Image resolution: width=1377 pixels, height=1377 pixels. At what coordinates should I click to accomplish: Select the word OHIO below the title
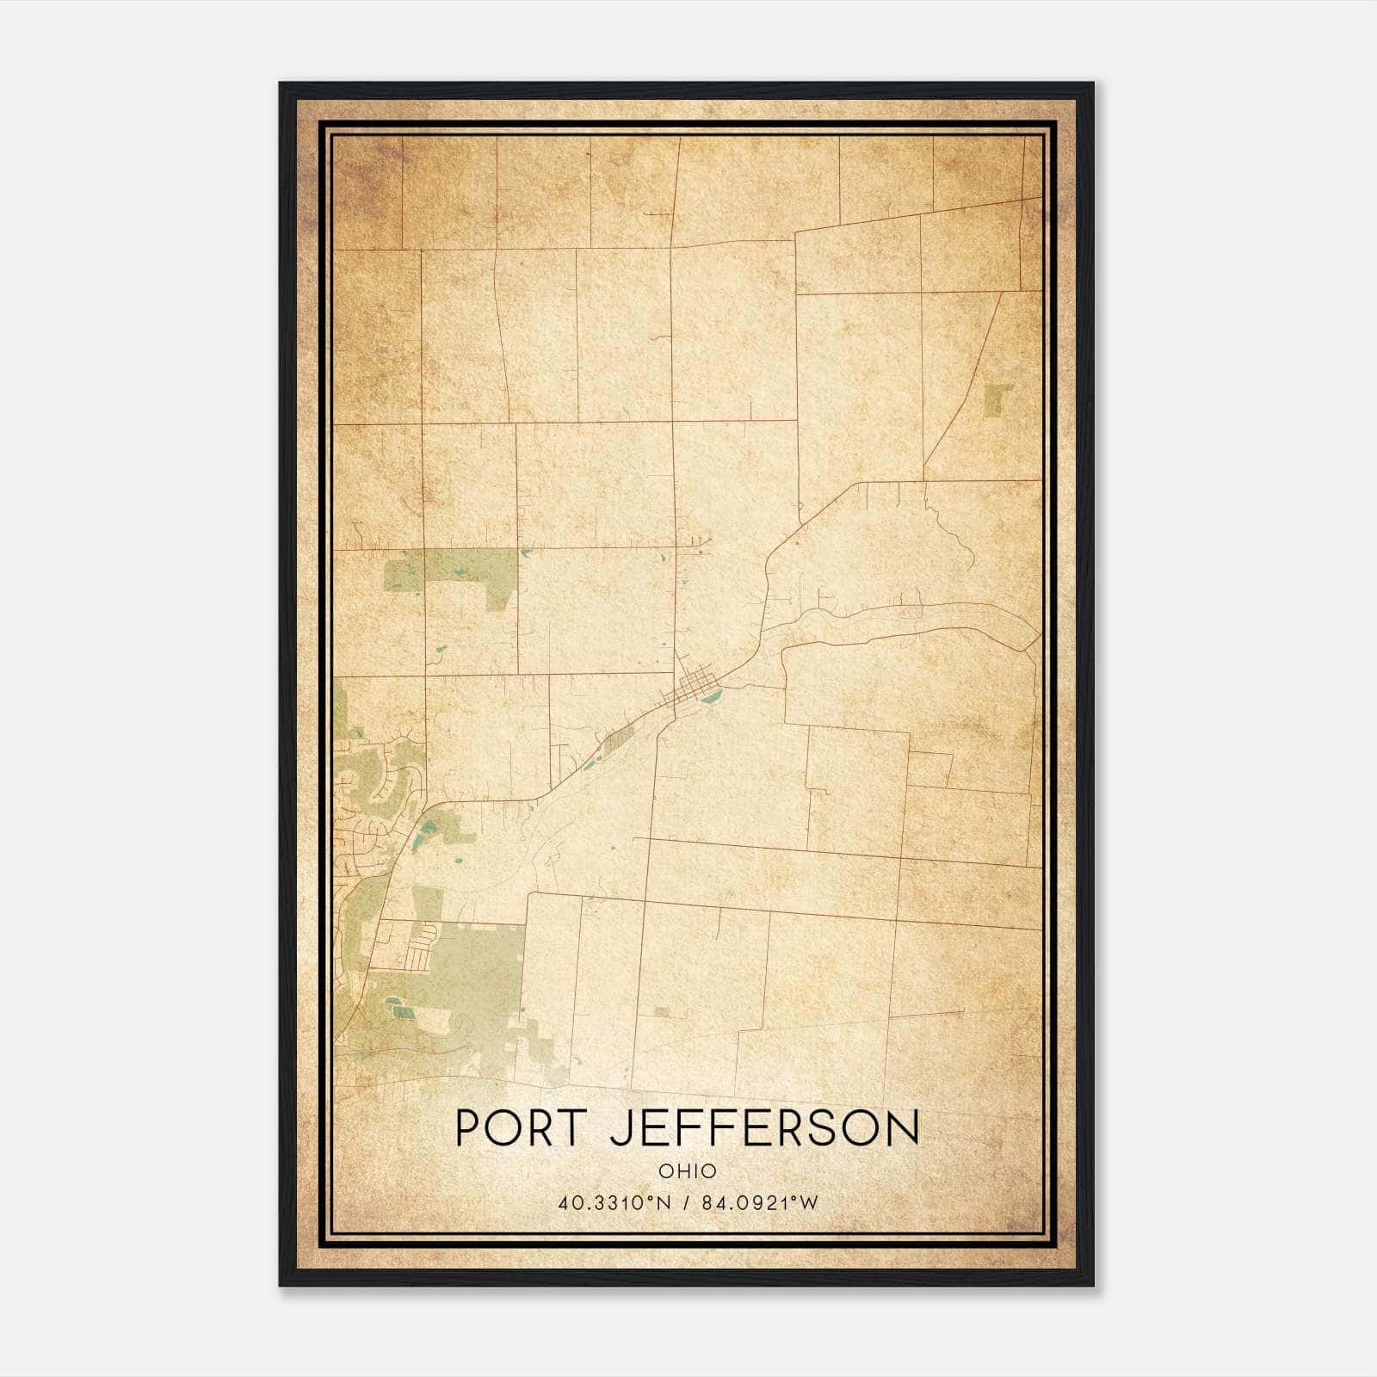[x=687, y=1171]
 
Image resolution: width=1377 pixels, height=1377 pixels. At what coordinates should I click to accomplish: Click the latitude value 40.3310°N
[x=614, y=1203]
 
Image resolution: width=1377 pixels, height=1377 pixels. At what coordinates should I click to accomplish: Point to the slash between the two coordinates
[x=687, y=1203]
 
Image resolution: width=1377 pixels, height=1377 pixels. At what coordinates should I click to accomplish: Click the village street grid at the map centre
[x=694, y=688]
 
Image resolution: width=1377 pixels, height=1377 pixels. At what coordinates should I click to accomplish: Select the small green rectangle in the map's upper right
[x=997, y=399]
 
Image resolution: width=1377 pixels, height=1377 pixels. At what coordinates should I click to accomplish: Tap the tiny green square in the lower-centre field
[x=661, y=1011]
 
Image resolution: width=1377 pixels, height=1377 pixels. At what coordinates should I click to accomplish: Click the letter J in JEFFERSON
[x=620, y=1128]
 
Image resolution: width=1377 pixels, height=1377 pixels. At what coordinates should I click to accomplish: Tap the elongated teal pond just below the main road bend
[x=420, y=835]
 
